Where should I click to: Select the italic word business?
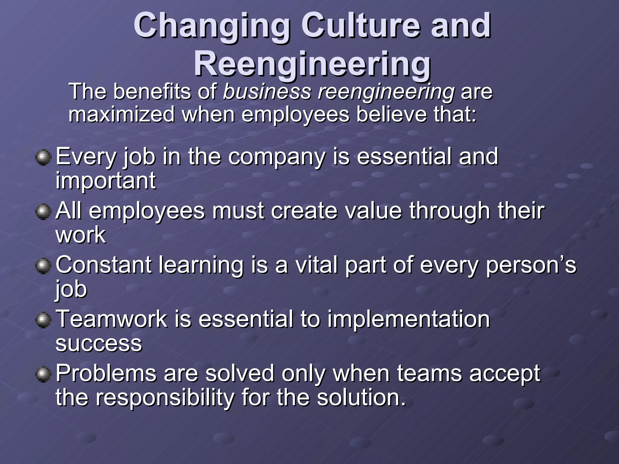[x=267, y=92]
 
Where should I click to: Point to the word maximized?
[x=122, y=114]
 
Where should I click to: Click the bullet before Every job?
[x=43, y=157]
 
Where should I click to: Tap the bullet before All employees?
[x=43, y=212]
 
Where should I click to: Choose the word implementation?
[x=409, y=319]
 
